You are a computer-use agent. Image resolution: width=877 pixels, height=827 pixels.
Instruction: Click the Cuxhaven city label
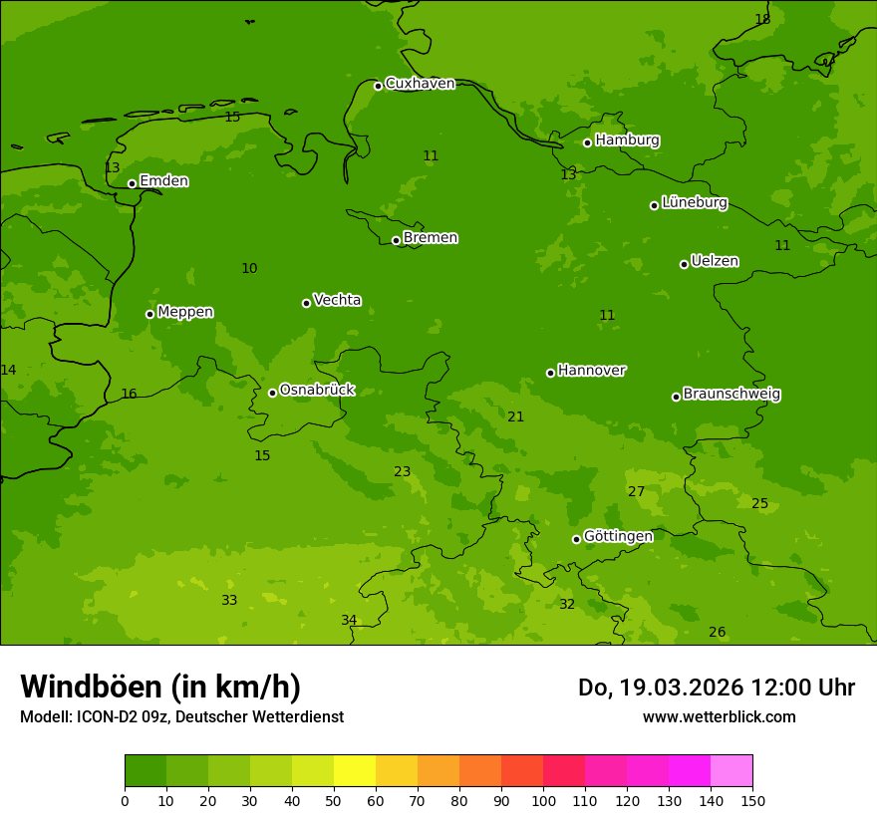tap(420, 83)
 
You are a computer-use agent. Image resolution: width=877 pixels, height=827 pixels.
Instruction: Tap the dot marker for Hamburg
tap(587, 142)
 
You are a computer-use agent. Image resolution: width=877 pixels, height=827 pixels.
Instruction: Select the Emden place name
tap(163, 180)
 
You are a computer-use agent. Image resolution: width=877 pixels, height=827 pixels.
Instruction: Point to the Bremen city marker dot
tap(396, 240)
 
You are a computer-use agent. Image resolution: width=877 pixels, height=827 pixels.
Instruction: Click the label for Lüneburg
tap(694, 202)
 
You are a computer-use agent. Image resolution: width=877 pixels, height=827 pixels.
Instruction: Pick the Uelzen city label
tap(715, 261)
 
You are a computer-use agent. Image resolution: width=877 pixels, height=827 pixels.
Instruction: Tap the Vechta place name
tap(337, 300)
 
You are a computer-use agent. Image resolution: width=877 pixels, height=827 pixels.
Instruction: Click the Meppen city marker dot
tap(149, 314)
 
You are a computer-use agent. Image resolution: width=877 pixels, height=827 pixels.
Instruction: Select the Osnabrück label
tap(317, 390)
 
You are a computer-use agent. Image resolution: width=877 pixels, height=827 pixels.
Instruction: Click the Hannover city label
tap(591, 370)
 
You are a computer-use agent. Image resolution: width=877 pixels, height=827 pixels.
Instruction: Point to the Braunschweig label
tap(731, 394)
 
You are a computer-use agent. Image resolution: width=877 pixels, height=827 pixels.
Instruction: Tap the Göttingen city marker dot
tap(576, 539)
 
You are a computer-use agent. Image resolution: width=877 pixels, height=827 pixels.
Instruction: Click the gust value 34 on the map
tap(349, 620)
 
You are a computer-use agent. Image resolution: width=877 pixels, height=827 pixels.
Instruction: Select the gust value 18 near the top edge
tap(762, 19)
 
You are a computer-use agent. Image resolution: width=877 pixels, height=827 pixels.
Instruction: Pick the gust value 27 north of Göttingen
tap(636, 491)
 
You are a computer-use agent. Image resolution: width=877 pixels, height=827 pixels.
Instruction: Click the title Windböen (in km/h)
tap(160, 687)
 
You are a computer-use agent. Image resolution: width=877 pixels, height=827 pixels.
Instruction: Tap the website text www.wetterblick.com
tap(719, 716)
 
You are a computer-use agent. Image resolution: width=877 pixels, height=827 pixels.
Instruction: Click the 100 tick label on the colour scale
tap(543, 800)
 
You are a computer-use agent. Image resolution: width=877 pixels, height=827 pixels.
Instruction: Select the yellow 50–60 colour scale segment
tap(355, 770)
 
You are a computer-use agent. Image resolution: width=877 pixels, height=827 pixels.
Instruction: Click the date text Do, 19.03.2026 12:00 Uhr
tap(716, 688)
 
